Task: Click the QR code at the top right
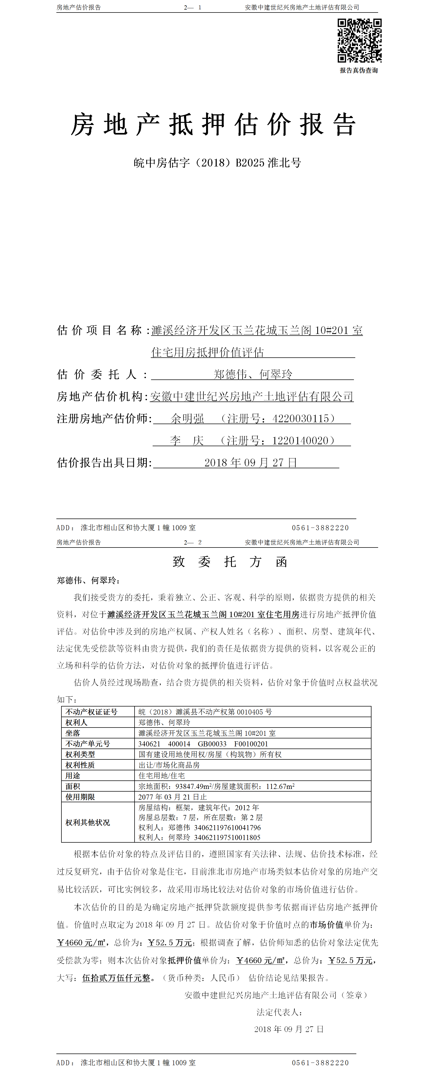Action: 359,40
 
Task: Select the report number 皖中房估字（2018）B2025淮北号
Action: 217,163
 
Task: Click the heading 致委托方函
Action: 230,562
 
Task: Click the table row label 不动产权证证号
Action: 91,712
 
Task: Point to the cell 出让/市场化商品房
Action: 169,765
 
